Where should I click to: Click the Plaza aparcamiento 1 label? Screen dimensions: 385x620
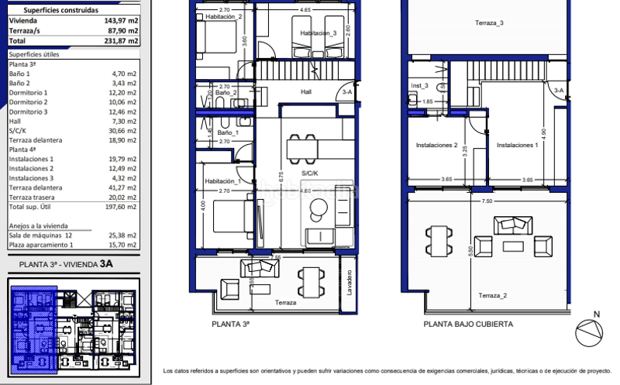(x=40, y=244)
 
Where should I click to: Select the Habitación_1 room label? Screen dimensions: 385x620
(x=223, y=181)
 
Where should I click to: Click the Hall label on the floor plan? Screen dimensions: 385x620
(x=306, y=91)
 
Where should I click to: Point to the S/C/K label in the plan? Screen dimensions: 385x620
(x=311, y=174)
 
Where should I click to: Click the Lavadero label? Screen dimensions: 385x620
(x=349, y=284)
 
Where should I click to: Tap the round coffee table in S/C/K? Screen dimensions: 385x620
(x=319, y=208)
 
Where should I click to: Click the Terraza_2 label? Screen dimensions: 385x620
(x=492, y=296)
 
